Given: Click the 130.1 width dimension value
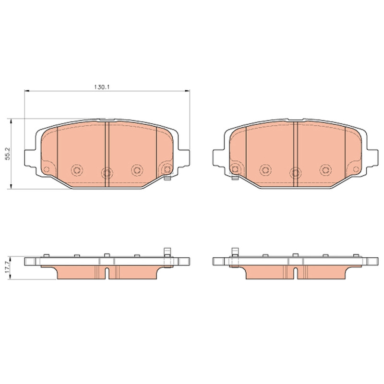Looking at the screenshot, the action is coord(102,87).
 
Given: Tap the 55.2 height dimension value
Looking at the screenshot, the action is coord(8,154).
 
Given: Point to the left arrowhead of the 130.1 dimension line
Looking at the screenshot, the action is coord(27,91).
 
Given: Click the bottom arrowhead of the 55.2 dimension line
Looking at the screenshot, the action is coord(11,186).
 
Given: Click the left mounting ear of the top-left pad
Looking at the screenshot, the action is coord(30,158).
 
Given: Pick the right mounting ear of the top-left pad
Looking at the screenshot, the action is coord(184,158).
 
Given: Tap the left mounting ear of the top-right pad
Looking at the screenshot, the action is coord(218,158).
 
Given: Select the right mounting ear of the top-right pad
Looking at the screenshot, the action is coord(372,158).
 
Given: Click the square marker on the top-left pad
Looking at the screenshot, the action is coord(167,169).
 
